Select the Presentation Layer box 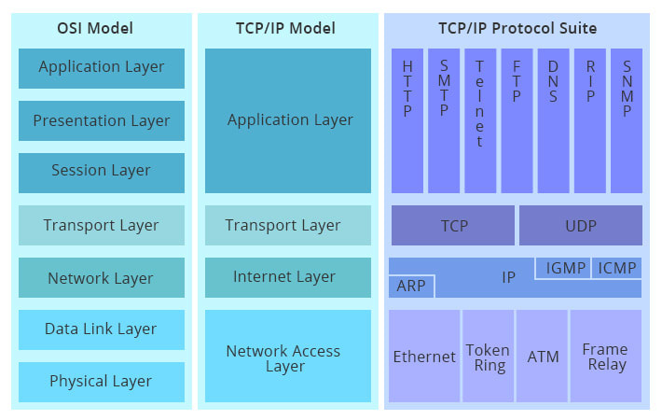point(102,120)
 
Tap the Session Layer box point(102,171)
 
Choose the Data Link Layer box point(102,329)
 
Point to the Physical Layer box point(102,382)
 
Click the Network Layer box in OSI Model point(102,278)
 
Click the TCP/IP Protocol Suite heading point(517,28)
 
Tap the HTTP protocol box point(407,120)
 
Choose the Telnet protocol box point(480,120)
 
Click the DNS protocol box point(553,120)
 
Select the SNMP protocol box point(626,120)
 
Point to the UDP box point(580,226)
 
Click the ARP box point(411,286)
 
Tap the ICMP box point(616,269)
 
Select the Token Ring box point(488,357)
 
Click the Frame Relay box point(605,357)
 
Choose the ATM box point(543,357)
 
